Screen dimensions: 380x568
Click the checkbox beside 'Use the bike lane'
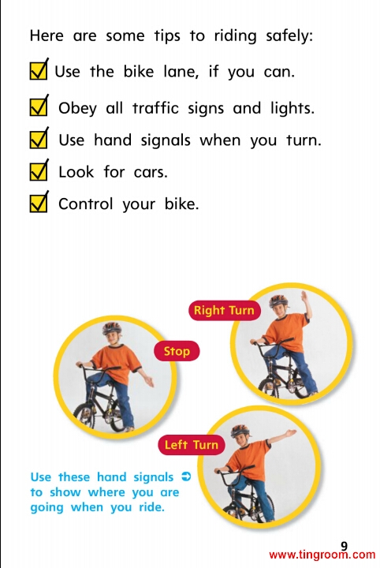pos(39,70)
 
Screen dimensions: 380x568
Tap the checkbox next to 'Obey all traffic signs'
pos(39,106)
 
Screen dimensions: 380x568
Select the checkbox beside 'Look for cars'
pos(39,170)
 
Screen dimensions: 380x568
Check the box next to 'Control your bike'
pos(39,203)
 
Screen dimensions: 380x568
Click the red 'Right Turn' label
pos(225,311)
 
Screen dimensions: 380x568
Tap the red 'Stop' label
pos(177,351)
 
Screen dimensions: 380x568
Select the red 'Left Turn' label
pos(192,444)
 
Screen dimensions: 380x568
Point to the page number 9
pos(344,546)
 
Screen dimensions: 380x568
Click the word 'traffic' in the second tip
pos(155,108)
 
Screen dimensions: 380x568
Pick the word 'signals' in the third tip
pos(166,141)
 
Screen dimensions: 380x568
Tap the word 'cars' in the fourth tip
pos(151,173)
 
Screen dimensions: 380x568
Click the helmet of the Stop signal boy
pos(111,328)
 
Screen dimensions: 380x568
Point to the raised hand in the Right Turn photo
pos(304,297)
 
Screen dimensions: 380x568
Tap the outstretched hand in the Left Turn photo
pos(291,432)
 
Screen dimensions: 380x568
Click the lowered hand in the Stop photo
pos(149,382)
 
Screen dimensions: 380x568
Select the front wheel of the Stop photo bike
pos(84,416)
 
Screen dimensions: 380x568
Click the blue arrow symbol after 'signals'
pos(186,476)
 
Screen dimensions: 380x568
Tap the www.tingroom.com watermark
pos(322,555)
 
